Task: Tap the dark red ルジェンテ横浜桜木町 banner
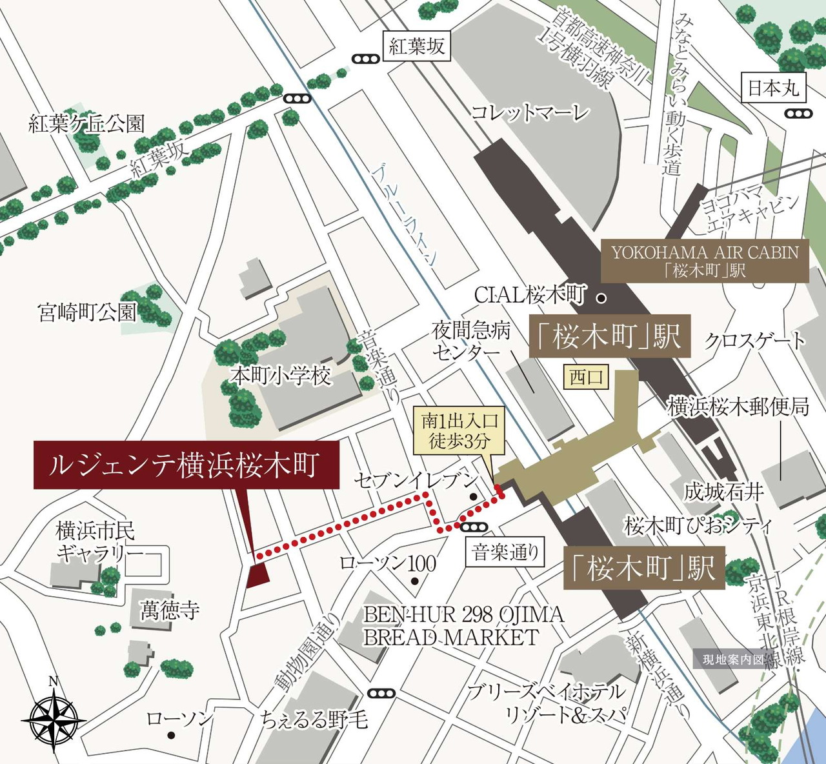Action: [186, 465]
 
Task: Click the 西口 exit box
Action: [586, 377]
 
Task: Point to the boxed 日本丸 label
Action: [773, 88]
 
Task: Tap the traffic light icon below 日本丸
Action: [799, 114]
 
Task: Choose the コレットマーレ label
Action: [530, 114]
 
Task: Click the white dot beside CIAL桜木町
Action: [601, 298]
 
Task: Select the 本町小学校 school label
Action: [281, 376]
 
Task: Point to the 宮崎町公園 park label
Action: [88, 313]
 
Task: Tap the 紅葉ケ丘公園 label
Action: [86, 124]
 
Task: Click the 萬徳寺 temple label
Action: [170, 610]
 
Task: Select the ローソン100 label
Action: [388, 563]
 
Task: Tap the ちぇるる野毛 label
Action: [315, 718]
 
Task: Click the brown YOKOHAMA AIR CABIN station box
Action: [705, 261]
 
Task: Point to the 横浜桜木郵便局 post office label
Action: [738, 407]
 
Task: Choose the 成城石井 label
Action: [724, 492]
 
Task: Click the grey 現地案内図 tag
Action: [732, 659]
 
